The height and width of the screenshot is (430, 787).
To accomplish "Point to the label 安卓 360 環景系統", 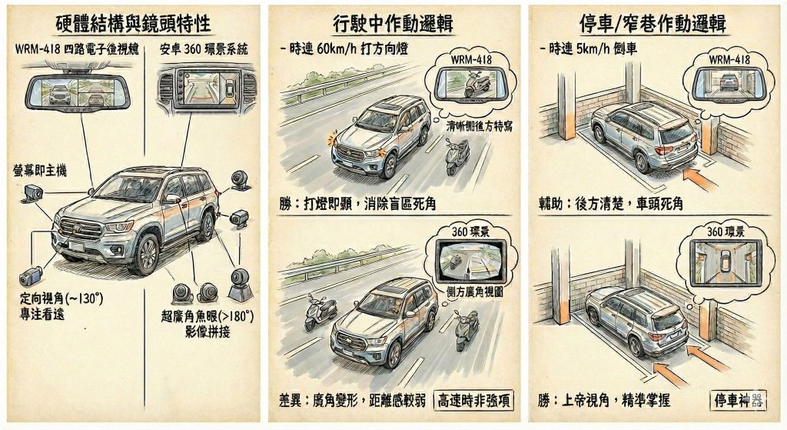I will [203, 50].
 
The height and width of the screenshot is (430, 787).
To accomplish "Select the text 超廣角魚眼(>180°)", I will [208, 315].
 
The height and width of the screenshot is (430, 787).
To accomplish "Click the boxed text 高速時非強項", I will [474, 400].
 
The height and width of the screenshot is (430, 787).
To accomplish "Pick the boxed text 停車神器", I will [736, 400].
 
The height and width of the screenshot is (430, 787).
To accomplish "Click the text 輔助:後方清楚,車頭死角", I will [612, 204].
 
